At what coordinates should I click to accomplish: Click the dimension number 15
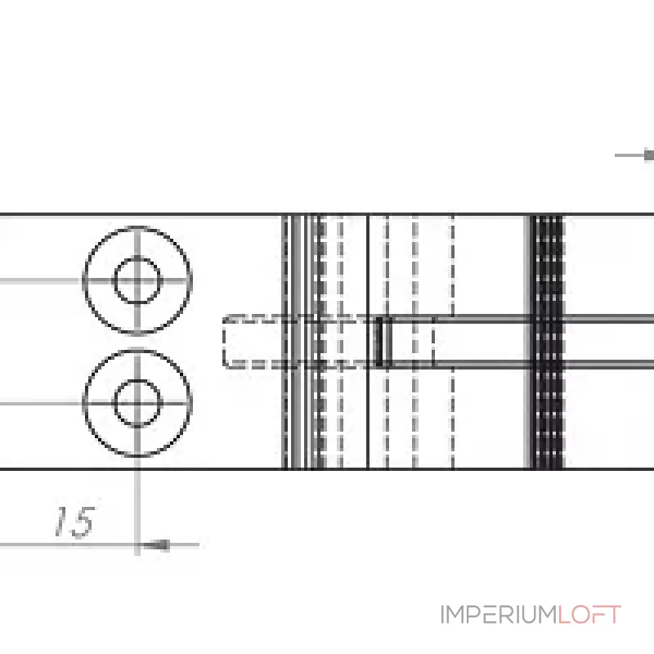(x=75, y=522)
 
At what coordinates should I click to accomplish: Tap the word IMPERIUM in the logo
(x=499, y=615)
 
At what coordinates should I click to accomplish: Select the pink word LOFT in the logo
(x=589, y=615)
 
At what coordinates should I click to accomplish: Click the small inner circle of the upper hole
(x=137, y=258)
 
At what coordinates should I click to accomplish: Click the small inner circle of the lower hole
(x=137, y=380)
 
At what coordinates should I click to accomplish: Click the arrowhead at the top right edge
(x=649, y=155)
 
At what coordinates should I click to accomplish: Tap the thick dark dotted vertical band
(x=547, y=342)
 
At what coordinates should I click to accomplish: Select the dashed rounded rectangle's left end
(x=224, y=342)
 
